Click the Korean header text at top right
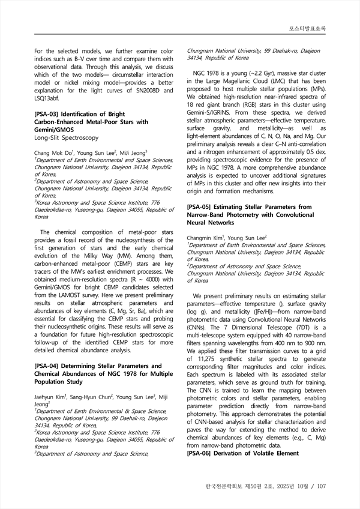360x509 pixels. click(x=308, y=29)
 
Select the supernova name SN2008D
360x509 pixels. click(x=139, y=90)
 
